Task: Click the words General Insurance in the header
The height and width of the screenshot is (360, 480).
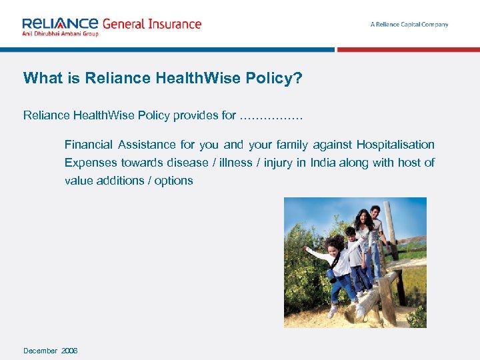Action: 151,23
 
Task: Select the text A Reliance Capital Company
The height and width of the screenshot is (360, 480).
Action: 409,25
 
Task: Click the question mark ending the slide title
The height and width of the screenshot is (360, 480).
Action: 298,79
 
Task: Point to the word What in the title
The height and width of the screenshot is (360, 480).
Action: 41,79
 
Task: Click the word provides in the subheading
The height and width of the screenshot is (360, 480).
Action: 195,115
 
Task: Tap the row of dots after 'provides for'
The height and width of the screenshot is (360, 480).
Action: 271,117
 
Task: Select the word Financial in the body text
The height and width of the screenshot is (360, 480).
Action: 88,145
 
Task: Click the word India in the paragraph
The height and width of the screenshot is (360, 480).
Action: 323,163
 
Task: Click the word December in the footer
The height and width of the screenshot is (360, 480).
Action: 40,351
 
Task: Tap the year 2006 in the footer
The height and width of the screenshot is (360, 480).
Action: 69,351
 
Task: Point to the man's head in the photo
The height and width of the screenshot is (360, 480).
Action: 375,212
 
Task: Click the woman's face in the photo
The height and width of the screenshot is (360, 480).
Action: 364,218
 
